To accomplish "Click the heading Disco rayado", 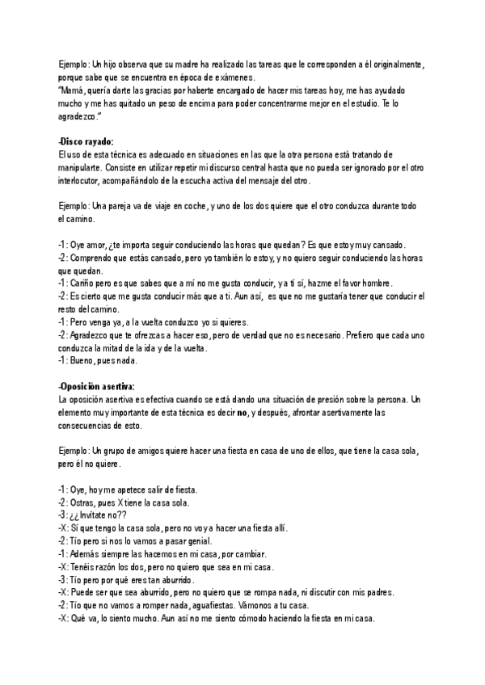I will coord(87,142).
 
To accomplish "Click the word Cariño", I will coord(83,284).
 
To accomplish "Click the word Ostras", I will coord(86,502).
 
